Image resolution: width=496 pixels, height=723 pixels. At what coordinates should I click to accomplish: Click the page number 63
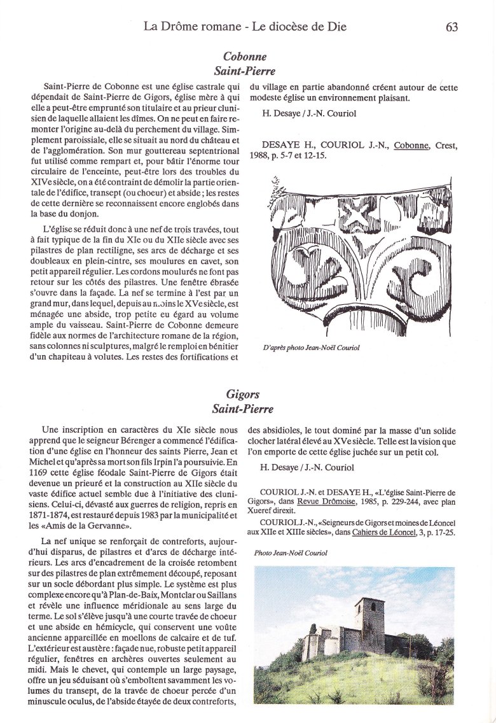pos(451,26)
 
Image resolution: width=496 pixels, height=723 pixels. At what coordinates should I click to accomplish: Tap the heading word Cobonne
pos(245,57)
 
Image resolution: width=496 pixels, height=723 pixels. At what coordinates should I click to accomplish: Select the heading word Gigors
pos(243,395)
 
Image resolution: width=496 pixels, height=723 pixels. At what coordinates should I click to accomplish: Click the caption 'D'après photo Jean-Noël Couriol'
pos(311,347)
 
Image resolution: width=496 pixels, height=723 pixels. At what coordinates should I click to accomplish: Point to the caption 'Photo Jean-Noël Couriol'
pos(290,553)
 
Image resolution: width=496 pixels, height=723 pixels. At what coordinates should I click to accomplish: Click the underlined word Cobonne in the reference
pos(411,146)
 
